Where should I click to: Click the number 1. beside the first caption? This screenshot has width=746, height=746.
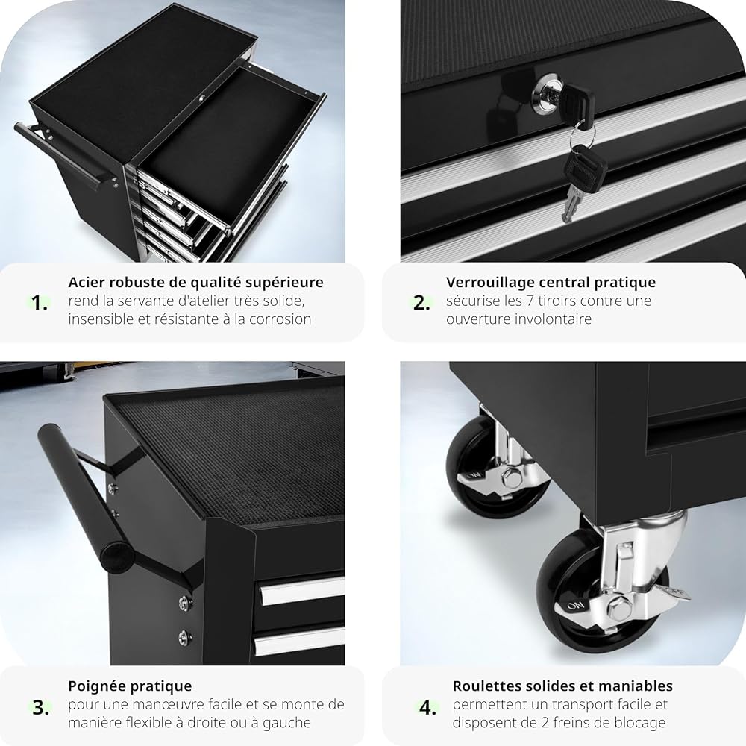tap(40, 303)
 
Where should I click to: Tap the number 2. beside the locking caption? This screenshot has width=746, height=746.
tap(421, 303)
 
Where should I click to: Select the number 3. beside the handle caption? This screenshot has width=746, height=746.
tap(41, 707)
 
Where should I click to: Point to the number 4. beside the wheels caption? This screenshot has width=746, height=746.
tap(427, 707)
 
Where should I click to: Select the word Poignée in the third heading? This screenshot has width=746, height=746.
tap(96, 686)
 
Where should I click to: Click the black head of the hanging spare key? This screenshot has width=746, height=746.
tap(585, 166)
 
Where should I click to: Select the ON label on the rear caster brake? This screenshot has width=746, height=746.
tap(474, 475)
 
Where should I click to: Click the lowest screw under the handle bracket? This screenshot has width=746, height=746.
tap(184, 636)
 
